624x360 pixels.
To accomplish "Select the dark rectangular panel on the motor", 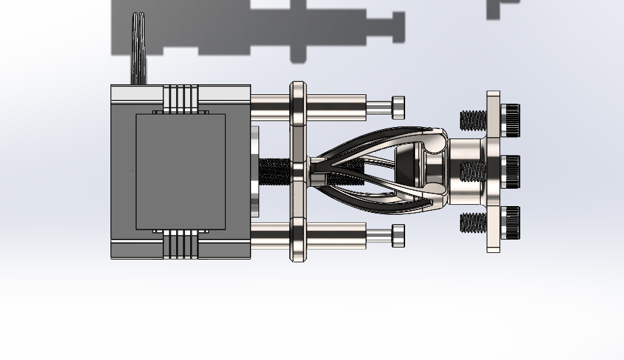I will [180, 171].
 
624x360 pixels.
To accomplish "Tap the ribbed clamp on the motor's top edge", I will [181, 98].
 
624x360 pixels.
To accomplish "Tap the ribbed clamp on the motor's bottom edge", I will [181, 244].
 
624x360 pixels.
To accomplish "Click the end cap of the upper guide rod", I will [398, 105].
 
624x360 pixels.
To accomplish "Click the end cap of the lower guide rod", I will [398, 236].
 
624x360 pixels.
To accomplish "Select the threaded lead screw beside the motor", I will [274, 171].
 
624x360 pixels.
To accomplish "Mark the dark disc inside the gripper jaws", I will [405, 167].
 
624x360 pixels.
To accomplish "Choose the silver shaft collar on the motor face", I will [254, 171].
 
